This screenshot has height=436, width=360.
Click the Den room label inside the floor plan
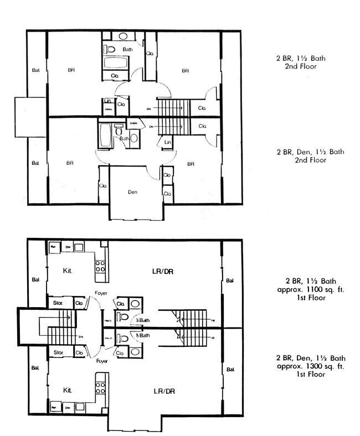[x=132, y=193]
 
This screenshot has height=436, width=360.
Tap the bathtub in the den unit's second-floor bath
[x=105, y=134]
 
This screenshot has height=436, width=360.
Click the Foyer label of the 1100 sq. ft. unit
[x=101, y=294]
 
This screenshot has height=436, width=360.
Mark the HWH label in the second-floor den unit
[x=133, y=123]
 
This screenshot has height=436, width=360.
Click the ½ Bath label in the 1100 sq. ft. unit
[x=143, y=320]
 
